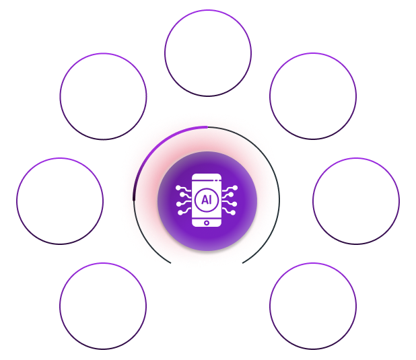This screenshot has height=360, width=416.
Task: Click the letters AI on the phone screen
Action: pos(206,201)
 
